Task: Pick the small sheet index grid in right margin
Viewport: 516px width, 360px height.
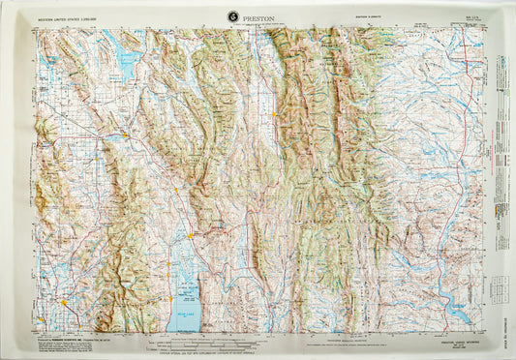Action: pos(499,285)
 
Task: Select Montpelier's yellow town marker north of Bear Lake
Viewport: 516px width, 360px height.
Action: pos(192,234)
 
